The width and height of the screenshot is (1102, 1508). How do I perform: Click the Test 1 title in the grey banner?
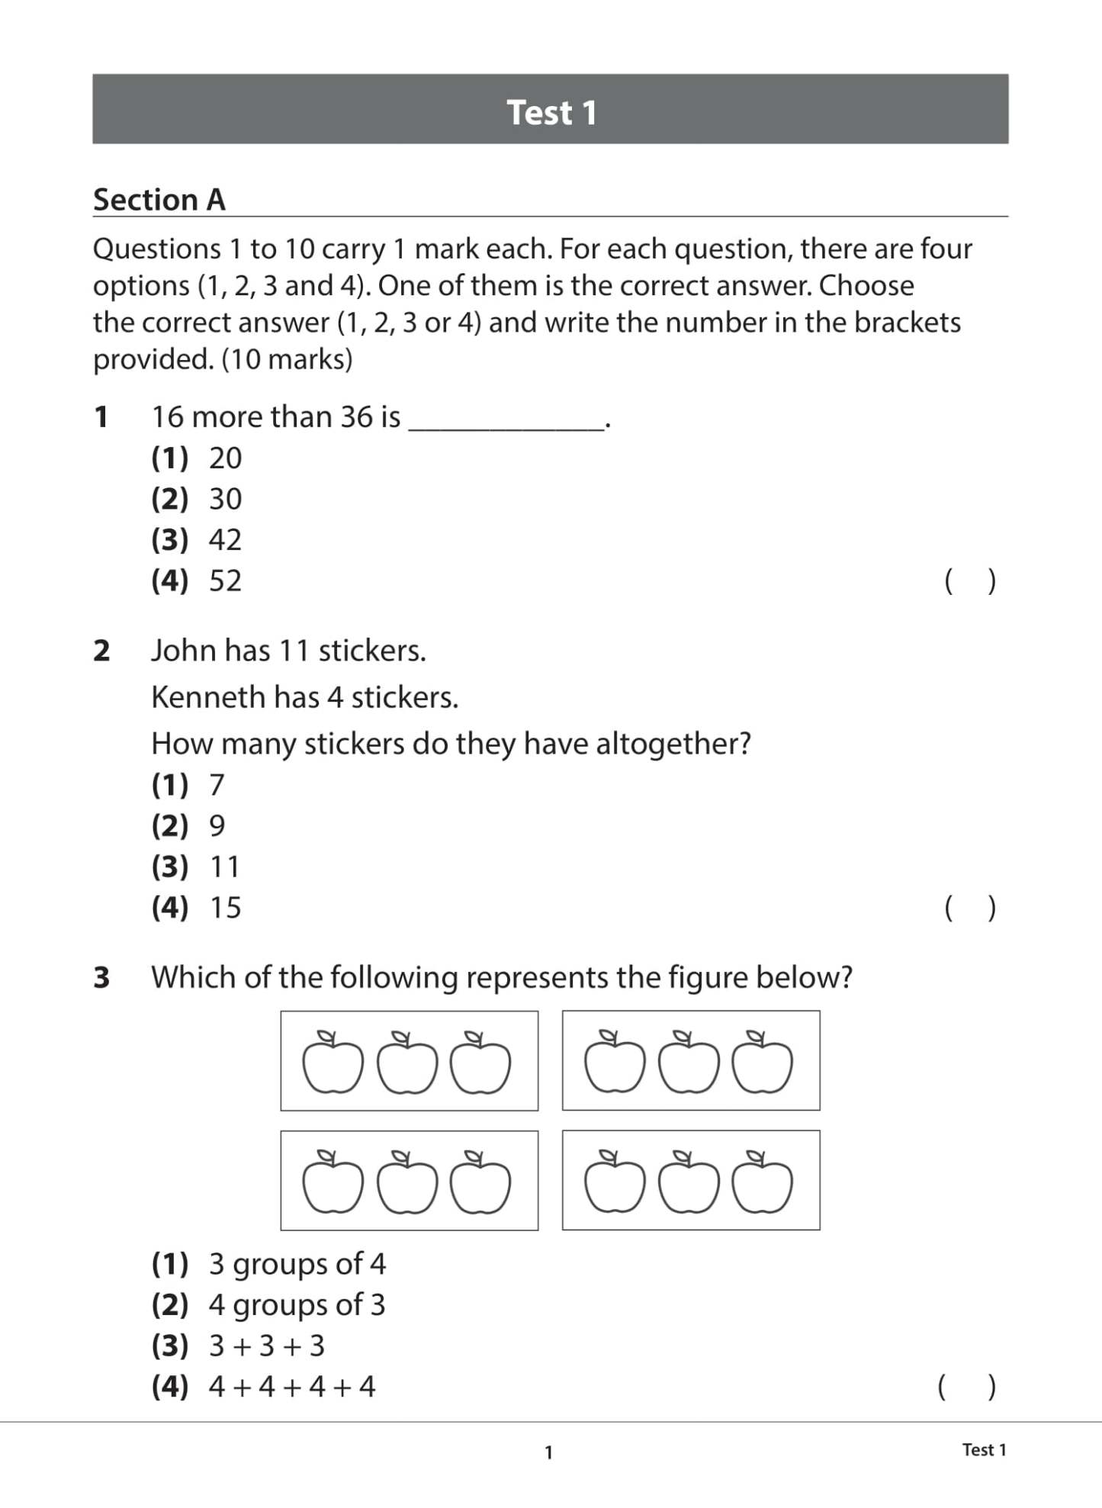point(551,112)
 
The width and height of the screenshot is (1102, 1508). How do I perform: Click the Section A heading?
point(159,200)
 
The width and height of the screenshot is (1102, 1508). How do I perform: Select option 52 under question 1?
point(225,581)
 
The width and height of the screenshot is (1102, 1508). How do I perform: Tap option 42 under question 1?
point(225,540)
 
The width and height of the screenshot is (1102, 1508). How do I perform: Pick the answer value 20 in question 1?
point(225,458)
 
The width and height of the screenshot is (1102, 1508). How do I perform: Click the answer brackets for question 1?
point(969,581)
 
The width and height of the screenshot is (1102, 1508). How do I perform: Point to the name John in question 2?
point(183,651)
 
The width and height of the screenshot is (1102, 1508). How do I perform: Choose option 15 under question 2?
point(225,908)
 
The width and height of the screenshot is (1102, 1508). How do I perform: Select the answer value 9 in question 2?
point(217,826)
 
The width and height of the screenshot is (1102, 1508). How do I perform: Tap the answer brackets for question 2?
point(969,908)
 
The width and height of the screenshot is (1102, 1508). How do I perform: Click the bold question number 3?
point(101,978)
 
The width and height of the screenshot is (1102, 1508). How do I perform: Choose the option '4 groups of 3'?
point(297,1305)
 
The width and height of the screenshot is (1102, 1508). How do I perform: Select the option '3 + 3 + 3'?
point(267,1346)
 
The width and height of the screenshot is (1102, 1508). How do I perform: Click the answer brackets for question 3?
point(966,1387)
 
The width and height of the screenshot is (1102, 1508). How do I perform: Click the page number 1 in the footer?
point(548,1452)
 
